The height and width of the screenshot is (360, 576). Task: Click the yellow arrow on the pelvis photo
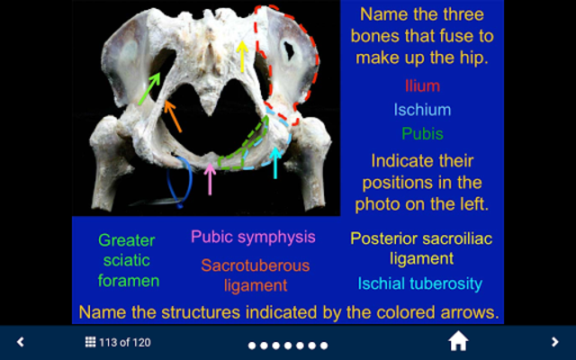(x=242, y=56)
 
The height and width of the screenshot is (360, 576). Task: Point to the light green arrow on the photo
(x=149, y=88)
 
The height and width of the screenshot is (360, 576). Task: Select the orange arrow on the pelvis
(x=173, y=116)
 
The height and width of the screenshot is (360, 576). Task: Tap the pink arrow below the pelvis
(x=210, y=179)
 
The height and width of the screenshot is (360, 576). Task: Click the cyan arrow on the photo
(x=275, y=163)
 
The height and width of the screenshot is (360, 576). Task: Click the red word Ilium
(x=422, y=86)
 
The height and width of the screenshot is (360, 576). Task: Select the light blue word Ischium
(x=422, y=110)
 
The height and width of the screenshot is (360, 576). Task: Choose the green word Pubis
(x=422, y=134)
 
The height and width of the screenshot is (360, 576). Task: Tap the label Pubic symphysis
(x=253, y=238)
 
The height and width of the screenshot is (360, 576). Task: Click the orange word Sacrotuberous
(x=256, y=265)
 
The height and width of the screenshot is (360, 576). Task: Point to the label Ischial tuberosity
(x=420, y=283)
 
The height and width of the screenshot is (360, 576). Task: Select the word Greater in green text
(x=127, y=240)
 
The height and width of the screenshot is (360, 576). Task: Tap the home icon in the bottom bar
(x=458, y=341)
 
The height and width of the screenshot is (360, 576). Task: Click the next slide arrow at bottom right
(x=554, y=342)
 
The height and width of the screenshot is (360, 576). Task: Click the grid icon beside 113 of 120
(x=90, y=342)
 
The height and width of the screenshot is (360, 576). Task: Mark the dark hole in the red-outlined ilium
(x=289, y=50)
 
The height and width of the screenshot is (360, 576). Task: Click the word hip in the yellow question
(x=474, y=58)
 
